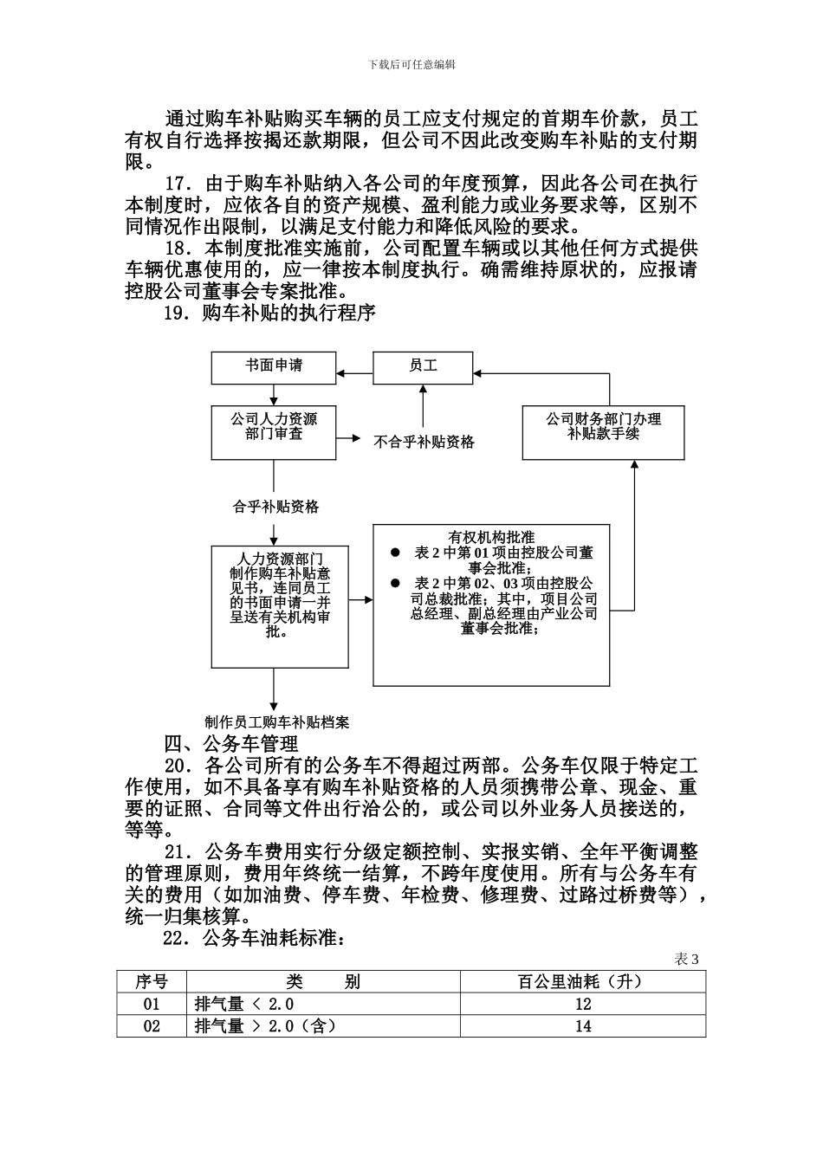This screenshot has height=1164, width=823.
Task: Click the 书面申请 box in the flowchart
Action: coord(274,366)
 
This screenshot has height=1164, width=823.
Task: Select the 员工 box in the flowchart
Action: coord(423,366)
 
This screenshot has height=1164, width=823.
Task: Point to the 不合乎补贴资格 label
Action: coord(424,442)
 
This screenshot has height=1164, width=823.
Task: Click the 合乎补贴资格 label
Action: coord(275,507)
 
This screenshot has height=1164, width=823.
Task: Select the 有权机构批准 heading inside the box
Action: coord(490,537)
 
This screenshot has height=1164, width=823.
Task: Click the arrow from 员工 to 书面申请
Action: coord(354,373)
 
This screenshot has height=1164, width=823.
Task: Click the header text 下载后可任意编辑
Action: coord(411,64)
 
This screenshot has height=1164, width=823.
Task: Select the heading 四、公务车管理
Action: coord(231,743)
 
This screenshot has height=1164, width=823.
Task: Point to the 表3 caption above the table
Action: coord(686,959)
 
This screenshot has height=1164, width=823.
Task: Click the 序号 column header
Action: coord(152,981)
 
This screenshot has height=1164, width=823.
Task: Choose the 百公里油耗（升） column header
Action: coord(582,981)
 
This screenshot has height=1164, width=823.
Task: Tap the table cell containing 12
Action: coord(582,1004)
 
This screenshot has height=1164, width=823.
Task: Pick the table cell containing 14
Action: coord(582,1026)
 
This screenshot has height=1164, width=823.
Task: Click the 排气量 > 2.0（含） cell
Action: coord(265,1026)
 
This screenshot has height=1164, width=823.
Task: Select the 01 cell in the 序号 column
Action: coord(152,1004)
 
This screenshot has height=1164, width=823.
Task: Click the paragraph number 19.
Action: coord(176,314)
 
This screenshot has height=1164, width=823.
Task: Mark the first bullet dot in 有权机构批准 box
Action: coord(395,552)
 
